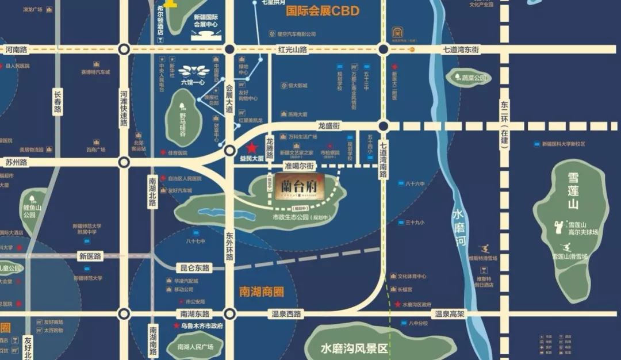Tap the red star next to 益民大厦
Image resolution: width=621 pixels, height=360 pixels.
252,148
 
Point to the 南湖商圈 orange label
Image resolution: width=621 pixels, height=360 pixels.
262,292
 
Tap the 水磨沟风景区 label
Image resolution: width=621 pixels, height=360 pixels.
355,348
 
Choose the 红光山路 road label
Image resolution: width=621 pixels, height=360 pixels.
292,50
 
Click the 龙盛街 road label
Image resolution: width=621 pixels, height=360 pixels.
329,125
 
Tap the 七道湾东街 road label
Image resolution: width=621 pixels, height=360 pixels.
461,50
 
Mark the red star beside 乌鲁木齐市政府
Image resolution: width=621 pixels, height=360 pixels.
177,325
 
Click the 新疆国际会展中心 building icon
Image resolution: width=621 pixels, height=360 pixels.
205,35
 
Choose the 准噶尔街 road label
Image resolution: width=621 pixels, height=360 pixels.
298,166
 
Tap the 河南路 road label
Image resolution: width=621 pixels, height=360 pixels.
16,50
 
